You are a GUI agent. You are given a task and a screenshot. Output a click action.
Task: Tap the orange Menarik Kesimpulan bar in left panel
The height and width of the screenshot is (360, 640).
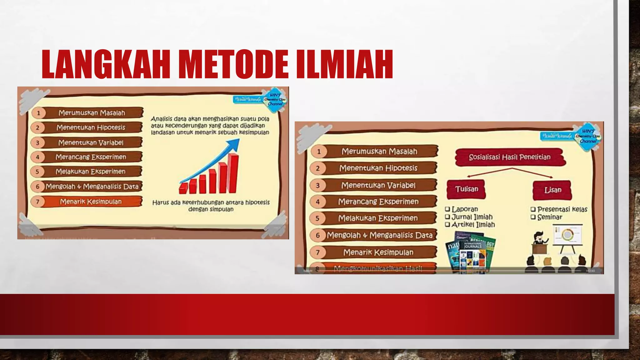91,202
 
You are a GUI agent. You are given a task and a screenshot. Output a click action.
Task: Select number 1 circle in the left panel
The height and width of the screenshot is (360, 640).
38,113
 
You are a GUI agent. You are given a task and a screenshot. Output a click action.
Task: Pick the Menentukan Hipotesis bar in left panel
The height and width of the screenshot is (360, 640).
91,127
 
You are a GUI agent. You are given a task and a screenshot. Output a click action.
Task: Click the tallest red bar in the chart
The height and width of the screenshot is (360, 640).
233,173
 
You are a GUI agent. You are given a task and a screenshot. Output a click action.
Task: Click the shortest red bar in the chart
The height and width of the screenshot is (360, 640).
183,188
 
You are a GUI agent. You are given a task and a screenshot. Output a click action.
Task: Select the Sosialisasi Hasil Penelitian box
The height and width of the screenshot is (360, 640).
509,157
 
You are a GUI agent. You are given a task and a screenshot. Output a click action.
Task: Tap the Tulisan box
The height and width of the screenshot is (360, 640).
466,189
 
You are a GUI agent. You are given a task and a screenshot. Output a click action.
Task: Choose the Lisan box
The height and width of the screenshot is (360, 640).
552,190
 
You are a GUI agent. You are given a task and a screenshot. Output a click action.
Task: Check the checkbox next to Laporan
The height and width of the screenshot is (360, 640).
447,209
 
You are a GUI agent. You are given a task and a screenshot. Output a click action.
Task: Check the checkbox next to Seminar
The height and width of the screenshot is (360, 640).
533,217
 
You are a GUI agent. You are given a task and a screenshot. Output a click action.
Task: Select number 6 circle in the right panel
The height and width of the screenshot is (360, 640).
318,235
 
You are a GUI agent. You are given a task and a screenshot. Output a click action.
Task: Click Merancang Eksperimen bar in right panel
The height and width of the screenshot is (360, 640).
378,202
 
